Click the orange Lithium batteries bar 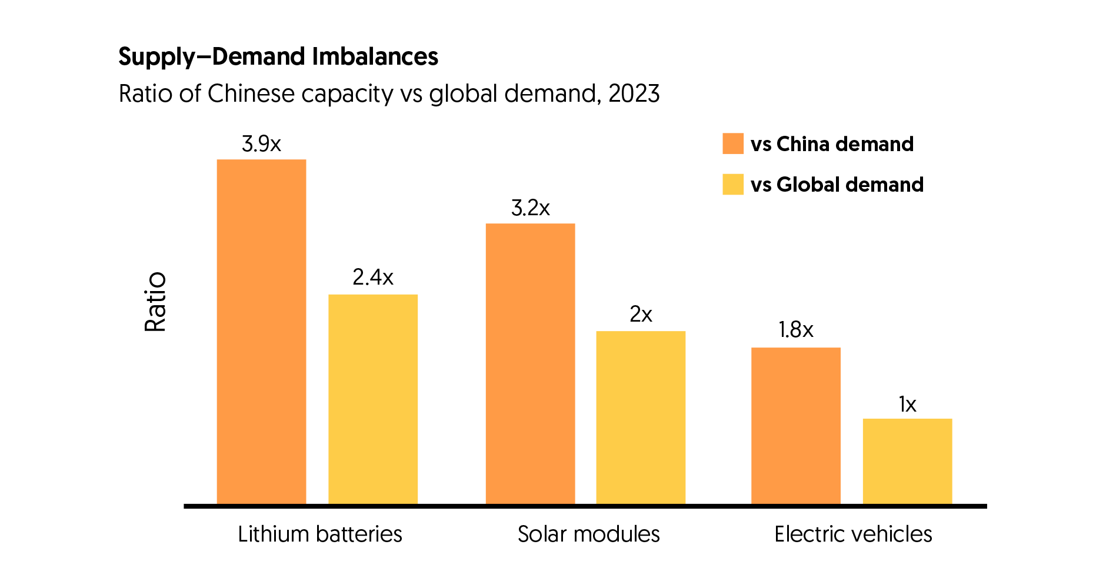pyautogui.click(x=261, y=332)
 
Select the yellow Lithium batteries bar pyautogui.click(x=373, y=399)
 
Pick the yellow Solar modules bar pyautogui.click(x=641, y=417)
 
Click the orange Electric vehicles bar pyautogui.click(x=795, y=426)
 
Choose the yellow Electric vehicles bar pyautogui.click(x=907, y=461)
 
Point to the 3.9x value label pyautogui.click(x=261, y=144)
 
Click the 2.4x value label pyautogui.click(x=373, y=278)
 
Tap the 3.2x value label pyautogui.click(x=530, y=208)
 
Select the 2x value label pyautogui.click(x=641, y=315)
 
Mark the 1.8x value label pyautogui.click(x=795, y=330)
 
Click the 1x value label pyautogui.click(x=907, y=405)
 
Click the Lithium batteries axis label pyautogui.click(x=320, y=534)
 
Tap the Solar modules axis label pyautogui.click(x=588, y=534)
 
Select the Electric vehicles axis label pyautogui.click(x=853, y=534)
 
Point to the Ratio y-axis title pyautogui.click(x=155, y=302)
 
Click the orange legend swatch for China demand pyautogui.click(x=733, y=144)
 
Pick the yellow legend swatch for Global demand pyautogui.click(x=733, y=185)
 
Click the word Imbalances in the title pyautogui.click(x=375, y=56)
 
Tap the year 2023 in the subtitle pyautogui.click(x=634, y=94)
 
